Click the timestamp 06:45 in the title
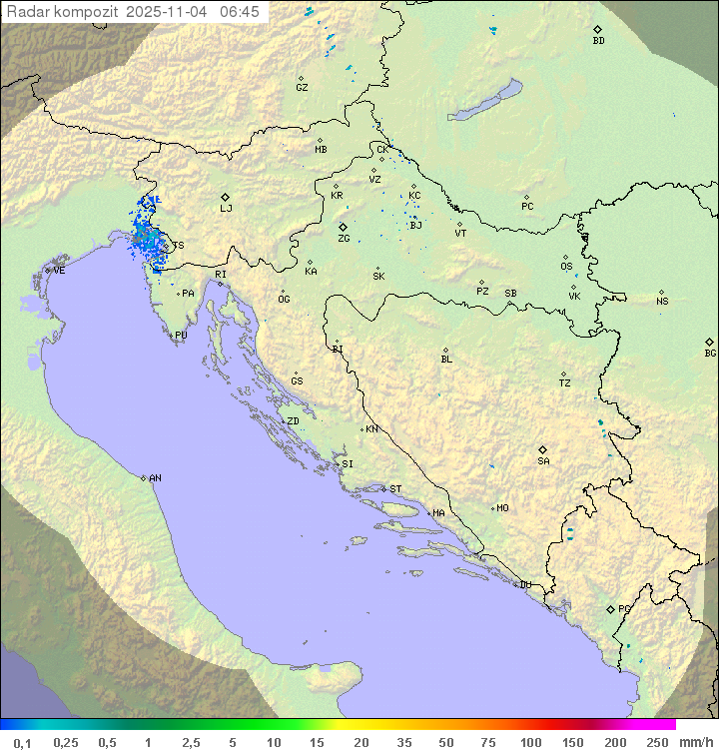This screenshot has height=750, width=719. [x=240, y=11]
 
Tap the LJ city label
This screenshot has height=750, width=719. [x=226, y=209]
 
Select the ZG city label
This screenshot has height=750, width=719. [x=344, y=239]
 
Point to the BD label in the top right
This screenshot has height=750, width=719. [x=598, y=41]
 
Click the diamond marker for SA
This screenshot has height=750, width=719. [x=543, y=449]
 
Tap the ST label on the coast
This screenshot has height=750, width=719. [x=395, y=489]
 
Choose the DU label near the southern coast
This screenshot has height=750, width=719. [x=525, y=585]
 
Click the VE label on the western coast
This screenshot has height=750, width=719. [x=59, y=271]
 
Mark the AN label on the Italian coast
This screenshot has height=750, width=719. [x=155, y=478]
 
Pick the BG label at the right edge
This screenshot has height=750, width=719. [x=710, y=353]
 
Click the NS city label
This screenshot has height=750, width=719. [x=662, y=302]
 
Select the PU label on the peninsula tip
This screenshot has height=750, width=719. [x=181, y=336]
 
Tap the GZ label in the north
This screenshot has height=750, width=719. [x=302, y=88]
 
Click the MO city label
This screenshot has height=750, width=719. [x=502, y=508]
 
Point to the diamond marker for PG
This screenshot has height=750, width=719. [x=610, y=608]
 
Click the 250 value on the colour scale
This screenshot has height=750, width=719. [x=656, y=742]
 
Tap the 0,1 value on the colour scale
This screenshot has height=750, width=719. [x=22, y=742]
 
